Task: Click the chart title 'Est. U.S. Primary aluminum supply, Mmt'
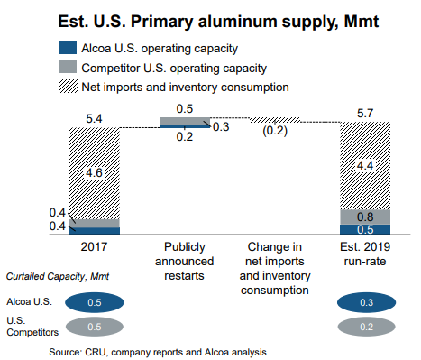coord(210,18)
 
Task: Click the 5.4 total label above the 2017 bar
coord(93,116)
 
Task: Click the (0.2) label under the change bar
coord(275,131)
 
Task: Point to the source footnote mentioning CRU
coord(159,350)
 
